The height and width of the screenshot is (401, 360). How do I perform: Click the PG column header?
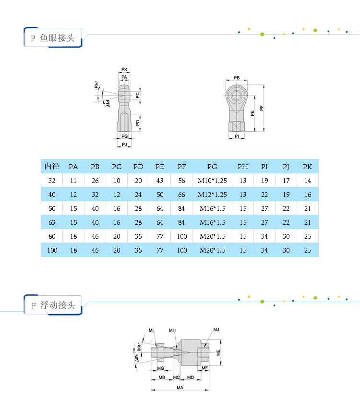click(x=212, y=167)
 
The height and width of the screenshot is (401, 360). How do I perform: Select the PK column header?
click(x=307, y=167)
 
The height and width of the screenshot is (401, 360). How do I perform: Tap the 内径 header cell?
click(x=52, y=166)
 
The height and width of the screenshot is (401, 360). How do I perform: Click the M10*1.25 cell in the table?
click(x=212, y=181)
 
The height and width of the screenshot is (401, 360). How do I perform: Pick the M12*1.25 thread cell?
click(x=212, y=194)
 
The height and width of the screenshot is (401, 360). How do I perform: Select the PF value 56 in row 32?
click(x=181, y=181)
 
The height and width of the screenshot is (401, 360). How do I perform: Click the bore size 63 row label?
click(x=52, y=222)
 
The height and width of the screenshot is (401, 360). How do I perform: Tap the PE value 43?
click(x=160, y=181)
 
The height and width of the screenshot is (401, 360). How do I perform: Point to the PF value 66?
click(x=181, y=194)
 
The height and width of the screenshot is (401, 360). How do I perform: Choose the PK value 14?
click(x=308, y=181)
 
